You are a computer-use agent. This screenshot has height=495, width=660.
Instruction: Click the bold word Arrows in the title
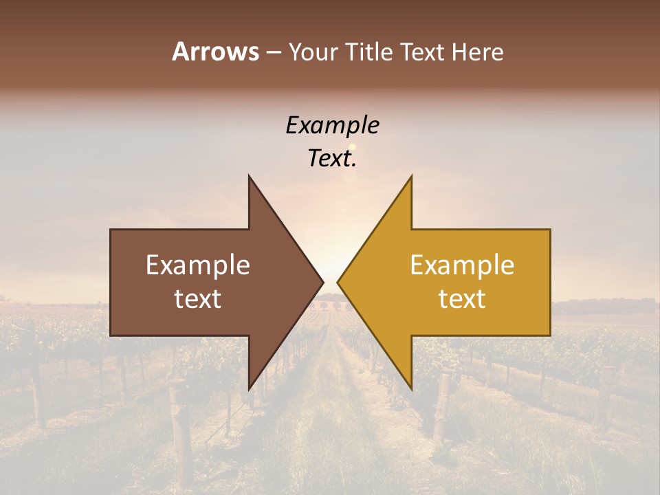[215, 52]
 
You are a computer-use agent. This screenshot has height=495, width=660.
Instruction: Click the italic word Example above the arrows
[333, 126]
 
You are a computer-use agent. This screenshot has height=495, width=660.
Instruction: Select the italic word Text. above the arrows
[333, 159]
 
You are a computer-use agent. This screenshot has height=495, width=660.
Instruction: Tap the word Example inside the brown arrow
[198, 265]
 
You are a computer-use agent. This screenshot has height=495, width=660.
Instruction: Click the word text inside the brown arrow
[198, 298]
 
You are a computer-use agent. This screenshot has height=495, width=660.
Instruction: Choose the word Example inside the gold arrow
[462, 265]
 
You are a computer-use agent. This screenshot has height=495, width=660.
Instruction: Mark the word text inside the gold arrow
[462, 298]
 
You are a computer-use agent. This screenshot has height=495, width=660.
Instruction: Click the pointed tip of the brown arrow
[322, 283]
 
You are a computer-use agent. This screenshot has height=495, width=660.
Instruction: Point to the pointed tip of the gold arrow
[338, 283]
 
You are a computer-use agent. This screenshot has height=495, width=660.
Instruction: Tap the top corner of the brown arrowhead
[250, 177]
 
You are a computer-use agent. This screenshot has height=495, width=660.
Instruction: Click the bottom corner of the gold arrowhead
[411, 388]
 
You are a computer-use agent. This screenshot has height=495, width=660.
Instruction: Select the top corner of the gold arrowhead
[411, 177]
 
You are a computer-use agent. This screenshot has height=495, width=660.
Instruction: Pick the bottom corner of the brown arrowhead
[250, 388]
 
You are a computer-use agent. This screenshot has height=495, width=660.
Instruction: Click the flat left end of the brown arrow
[111, 283]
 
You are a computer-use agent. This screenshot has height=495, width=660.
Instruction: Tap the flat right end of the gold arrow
[549, 283]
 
